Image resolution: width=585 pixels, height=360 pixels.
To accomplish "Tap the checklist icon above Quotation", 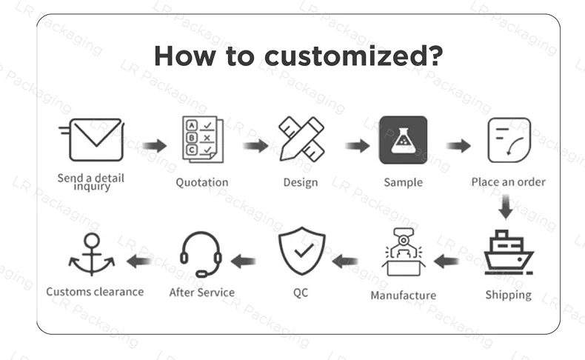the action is (x=202, y=139).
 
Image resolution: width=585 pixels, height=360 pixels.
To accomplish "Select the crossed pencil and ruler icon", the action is (x=301, y=139).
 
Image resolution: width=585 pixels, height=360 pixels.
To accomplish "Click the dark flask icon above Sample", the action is (x=403, y=139).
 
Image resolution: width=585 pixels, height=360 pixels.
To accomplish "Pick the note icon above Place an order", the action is (x=508, y=140).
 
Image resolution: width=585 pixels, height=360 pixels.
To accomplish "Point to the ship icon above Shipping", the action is (x=508, y=253).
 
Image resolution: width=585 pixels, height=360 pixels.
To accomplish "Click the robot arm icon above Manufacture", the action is (x=403, y=253).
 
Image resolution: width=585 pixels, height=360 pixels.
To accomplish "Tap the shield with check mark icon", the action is (x=301, y=252).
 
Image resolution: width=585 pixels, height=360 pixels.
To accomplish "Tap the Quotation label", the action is (x=202, y=182).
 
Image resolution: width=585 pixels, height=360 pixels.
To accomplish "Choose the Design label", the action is (x=301, y=182).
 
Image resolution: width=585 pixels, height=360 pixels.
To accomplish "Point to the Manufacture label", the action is (x=403, y=296).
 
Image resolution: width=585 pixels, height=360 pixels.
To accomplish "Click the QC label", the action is (x=301, y=293).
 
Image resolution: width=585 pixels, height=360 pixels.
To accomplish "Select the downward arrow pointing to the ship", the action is (x=506, y=207).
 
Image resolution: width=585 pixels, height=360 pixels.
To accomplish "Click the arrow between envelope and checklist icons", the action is (x=155, y=146).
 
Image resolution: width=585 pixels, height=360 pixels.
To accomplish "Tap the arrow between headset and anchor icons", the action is (x=139, y=261).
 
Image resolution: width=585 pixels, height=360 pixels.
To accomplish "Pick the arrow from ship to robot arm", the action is (x=447, y=261).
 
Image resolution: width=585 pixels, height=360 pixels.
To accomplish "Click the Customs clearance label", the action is (x=95, y=292).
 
